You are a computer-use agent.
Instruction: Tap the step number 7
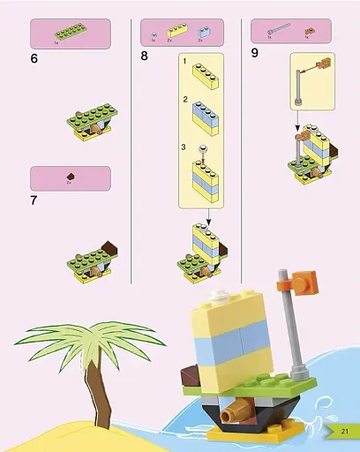(34, 200)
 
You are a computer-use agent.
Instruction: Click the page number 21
(344, 431)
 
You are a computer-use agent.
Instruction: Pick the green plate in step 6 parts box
(71, 31)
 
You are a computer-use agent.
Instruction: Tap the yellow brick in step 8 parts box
(178, 29)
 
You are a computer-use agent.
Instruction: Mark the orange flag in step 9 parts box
(310, 31)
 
